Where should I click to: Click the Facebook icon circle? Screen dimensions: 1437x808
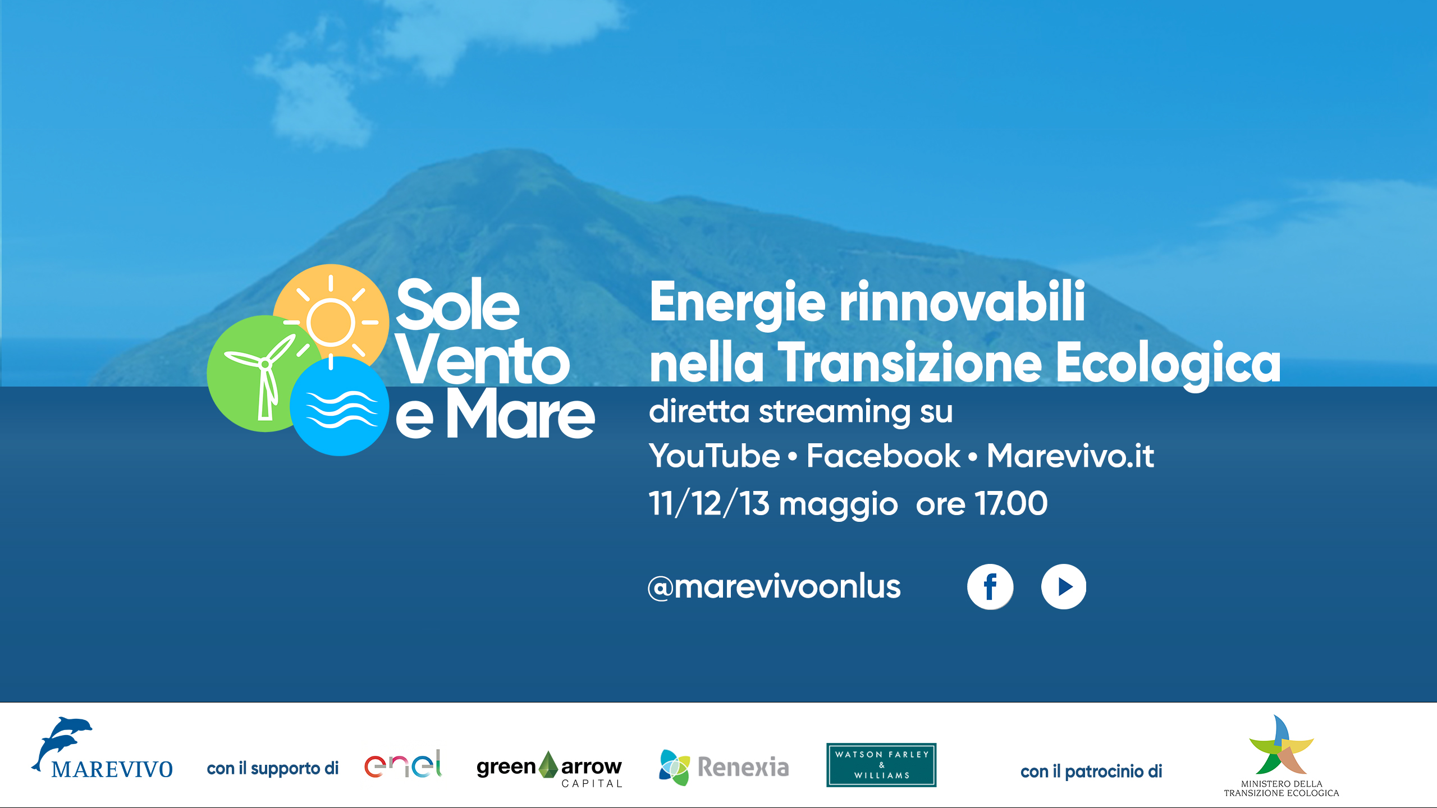(990, 586)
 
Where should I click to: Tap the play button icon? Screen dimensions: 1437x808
(1064, 586)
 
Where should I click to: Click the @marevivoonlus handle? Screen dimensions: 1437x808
(774, 587)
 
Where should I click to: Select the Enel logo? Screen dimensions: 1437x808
(403, 764)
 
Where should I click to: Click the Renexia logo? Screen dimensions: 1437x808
(724, 767)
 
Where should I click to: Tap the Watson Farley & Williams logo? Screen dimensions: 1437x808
(881, 765)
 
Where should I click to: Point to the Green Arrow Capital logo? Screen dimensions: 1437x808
(550, 768)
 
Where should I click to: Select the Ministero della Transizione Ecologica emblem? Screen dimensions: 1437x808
(1282, 755)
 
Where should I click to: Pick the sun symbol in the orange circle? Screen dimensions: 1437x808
(331, 322)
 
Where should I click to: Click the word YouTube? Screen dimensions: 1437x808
(714, 455)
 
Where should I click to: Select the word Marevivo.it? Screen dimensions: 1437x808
(1070, 455)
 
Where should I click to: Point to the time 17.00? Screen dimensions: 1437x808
(1012, 503)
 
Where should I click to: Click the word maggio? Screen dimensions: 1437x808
(839, 505)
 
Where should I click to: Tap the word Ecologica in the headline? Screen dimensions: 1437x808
(1169, 364)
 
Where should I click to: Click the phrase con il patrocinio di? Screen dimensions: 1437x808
(1091, 772)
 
